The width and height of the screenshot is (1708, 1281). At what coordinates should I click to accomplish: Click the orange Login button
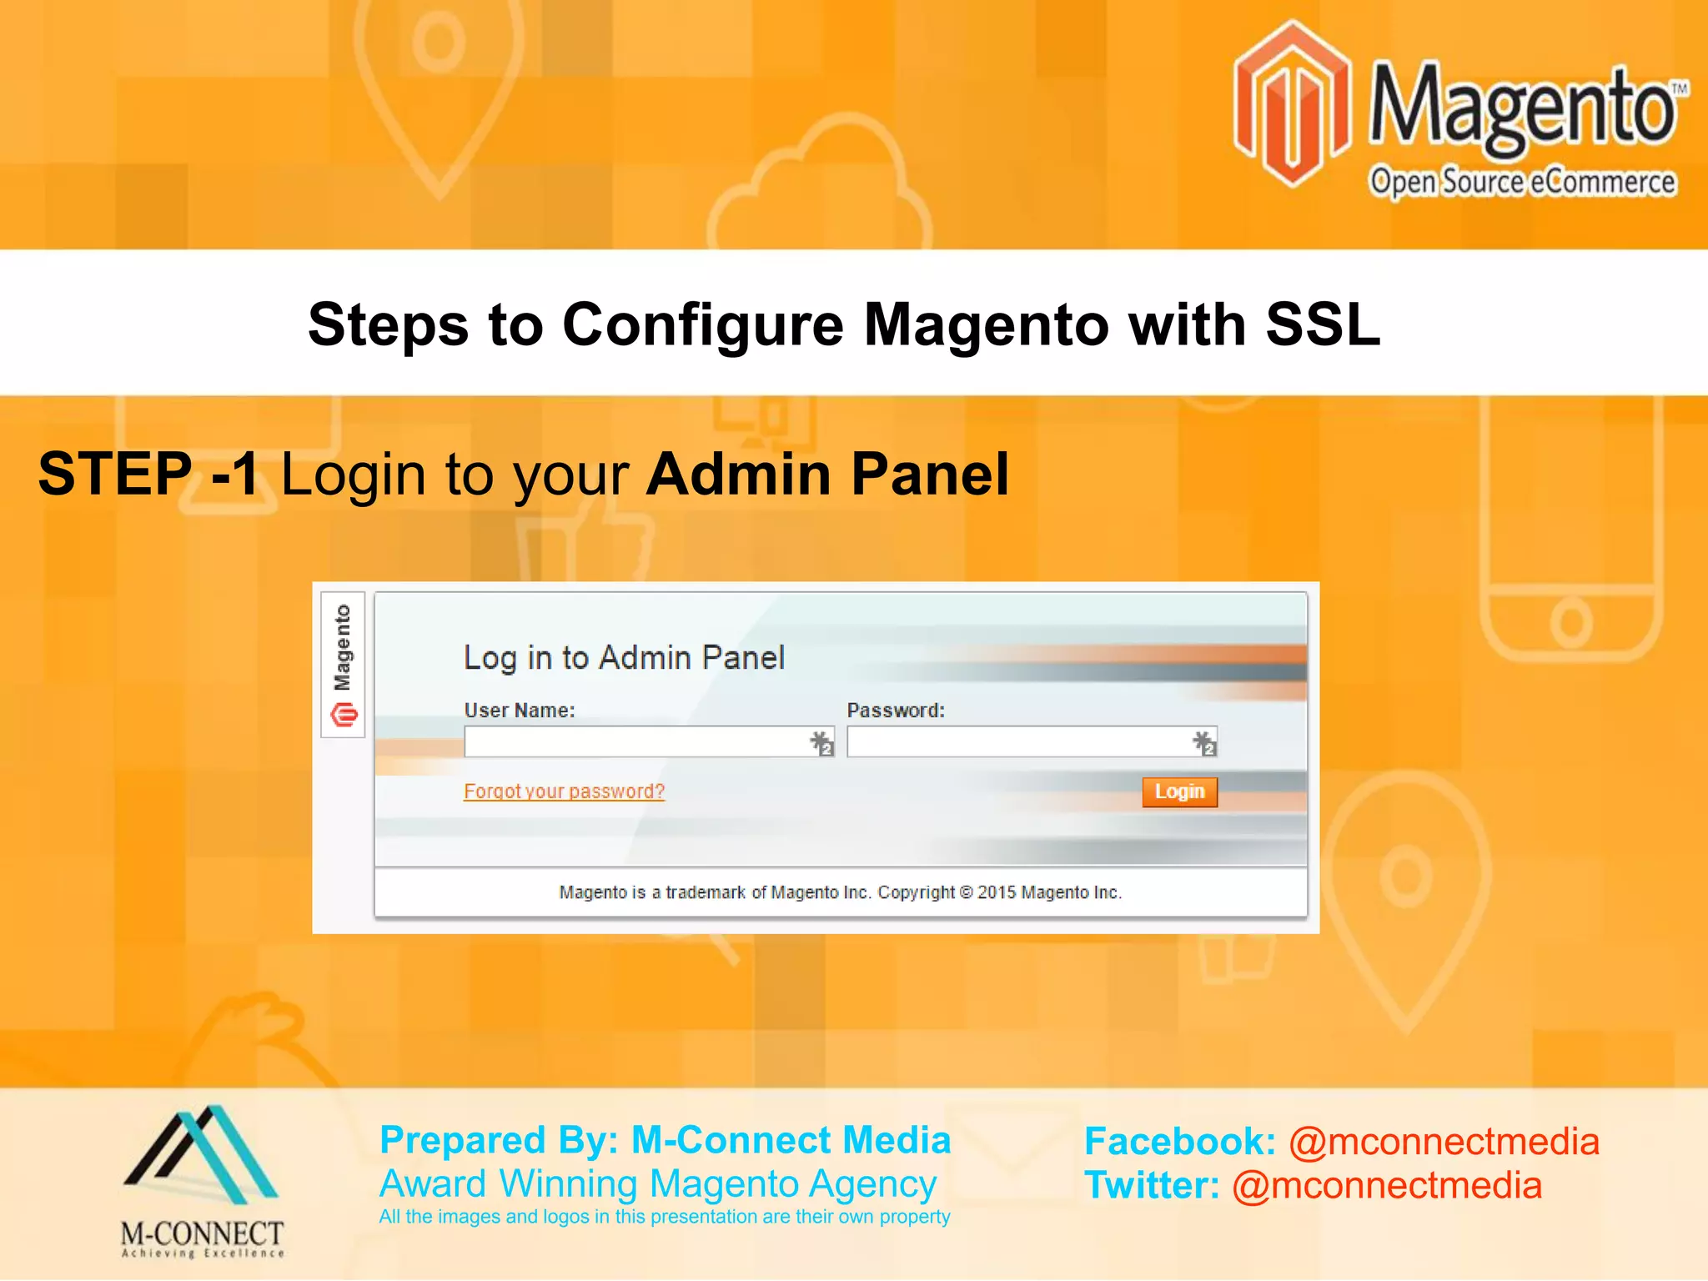[x=1179, y=791]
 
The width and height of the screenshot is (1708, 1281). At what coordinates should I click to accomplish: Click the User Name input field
[x=634, y=741]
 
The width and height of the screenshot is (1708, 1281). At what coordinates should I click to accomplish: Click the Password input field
[x=1017, y=741]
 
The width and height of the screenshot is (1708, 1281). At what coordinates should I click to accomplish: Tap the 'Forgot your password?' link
[x=564, y=791]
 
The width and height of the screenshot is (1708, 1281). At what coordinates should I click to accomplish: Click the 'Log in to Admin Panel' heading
[x=624, y=658]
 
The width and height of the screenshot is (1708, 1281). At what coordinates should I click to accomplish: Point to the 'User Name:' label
[x=520, y=711]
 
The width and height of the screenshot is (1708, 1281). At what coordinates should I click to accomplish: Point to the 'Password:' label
[x=896, y=711]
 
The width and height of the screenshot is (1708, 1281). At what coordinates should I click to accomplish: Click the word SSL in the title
[x=1323, y=324]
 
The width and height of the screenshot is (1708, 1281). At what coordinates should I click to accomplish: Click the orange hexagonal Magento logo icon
[x=1292, y=104]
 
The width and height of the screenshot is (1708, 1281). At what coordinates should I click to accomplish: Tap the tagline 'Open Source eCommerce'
[x=1522, y=182]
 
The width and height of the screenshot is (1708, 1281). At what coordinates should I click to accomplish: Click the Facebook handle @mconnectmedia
[x=1444, y=1142]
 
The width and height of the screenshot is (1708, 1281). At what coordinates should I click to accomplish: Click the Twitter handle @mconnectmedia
[x=1387, y=1186]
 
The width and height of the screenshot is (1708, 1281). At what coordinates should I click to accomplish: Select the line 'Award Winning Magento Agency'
[x=658, y=1184]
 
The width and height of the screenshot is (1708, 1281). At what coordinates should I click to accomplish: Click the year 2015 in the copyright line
[x=996, y=892]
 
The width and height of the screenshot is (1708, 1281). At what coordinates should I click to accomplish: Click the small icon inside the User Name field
[x=821, y=742]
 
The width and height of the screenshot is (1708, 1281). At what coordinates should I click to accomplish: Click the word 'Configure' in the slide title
[x=702, y=324]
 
